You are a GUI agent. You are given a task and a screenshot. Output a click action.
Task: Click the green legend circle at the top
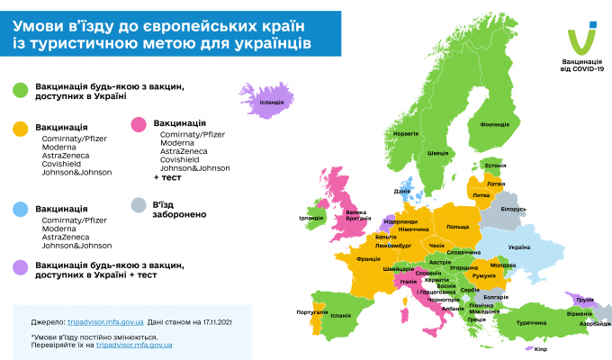tap(19, 90)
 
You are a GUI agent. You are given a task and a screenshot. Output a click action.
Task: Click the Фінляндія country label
tap(495, 124)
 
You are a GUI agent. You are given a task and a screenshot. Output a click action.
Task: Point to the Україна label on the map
tap(520, 247)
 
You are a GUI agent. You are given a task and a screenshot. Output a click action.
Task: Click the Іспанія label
tap(340, 316)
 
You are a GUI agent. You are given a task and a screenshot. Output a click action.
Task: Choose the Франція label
tap(368, 259)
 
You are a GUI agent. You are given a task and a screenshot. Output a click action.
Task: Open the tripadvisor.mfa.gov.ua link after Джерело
tap(104, 320)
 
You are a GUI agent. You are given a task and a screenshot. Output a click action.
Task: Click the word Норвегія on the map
tap(407, 134)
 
